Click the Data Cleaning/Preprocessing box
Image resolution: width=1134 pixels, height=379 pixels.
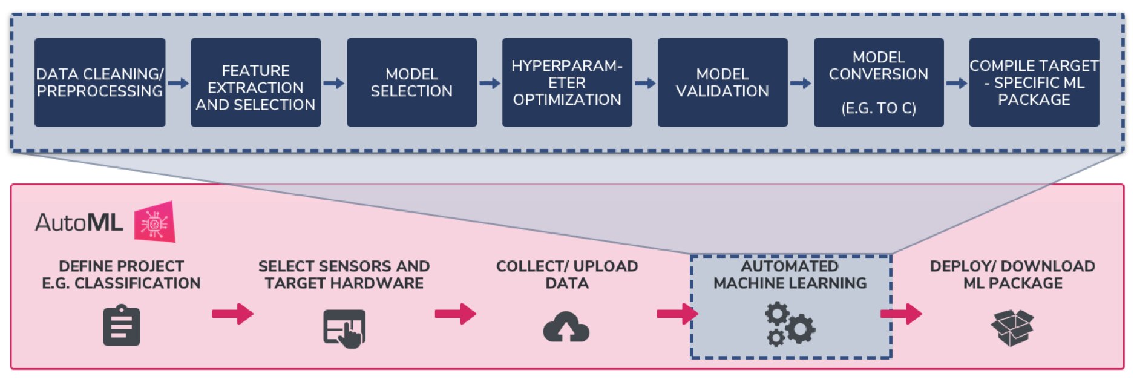click(x=100, y=82)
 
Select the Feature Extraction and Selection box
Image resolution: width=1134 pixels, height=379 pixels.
click(x=255, y=82)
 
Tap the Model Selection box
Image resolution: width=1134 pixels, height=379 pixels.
click(x=411, y=82)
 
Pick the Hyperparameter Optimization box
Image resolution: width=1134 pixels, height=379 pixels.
click(x=567, y=82)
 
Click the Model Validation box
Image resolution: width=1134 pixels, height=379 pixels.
click(x=723, y=82)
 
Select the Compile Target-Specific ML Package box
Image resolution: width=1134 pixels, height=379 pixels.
click(x=1034, y=82)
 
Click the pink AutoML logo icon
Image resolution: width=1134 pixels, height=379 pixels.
click(x=155, y=223)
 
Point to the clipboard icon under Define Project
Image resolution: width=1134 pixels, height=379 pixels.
click(x=122, y=327)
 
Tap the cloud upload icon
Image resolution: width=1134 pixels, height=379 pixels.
click(x=566, y=328)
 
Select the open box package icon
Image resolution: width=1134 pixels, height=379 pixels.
click(x=1012, y=328)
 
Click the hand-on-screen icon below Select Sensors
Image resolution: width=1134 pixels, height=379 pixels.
click(x=344, y=329)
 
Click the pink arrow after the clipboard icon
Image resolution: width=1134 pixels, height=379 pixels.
click(x=232, y=314)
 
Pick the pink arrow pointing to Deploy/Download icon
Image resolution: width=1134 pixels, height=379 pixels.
click(x=901, y=314)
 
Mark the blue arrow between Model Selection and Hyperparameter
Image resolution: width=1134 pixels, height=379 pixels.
click(x=490, y=83)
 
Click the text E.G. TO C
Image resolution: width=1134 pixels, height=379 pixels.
click(x=878, y=108)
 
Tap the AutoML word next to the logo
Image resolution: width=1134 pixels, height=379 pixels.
click(x=79, y=223)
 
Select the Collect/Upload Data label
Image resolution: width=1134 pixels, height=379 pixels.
click(x=567, y=274)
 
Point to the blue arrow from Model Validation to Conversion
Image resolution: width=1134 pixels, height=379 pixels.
click(x=801, y=83)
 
